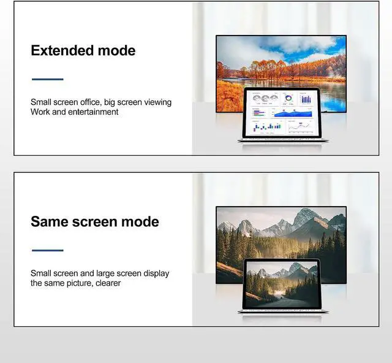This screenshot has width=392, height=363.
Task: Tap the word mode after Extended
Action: coord(115,50)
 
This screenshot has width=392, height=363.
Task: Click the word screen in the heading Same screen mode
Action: coord(99,221)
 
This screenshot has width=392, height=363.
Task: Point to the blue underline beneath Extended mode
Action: coord(47,79)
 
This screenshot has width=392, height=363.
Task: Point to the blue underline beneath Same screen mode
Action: coord(47,250)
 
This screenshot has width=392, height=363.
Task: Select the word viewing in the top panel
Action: coord(157,102)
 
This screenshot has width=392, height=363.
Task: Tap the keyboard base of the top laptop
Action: coord(282,141)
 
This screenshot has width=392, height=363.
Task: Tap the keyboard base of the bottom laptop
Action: coord(282,311)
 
